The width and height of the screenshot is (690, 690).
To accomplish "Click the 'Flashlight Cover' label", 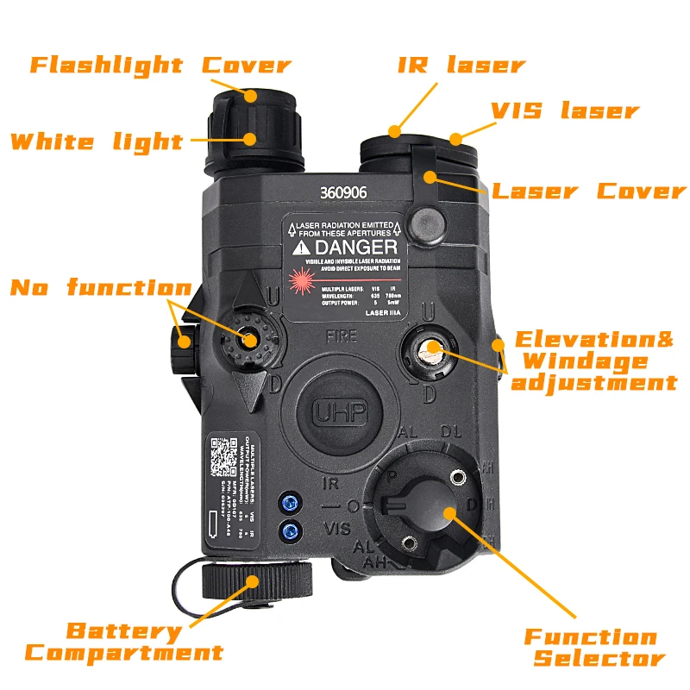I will (x=160, y=65).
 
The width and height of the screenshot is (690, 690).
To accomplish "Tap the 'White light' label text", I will (x=97, y=141).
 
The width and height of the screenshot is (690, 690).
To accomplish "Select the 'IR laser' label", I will (x=461, y=65).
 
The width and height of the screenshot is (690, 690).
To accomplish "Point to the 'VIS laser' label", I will (x=565, y=110).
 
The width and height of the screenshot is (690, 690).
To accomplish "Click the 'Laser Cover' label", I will (x=588, y=191).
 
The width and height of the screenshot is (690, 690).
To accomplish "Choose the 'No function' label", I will (x=100, y=287).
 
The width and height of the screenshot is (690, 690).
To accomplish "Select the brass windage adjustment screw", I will (x=430, y=348).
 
